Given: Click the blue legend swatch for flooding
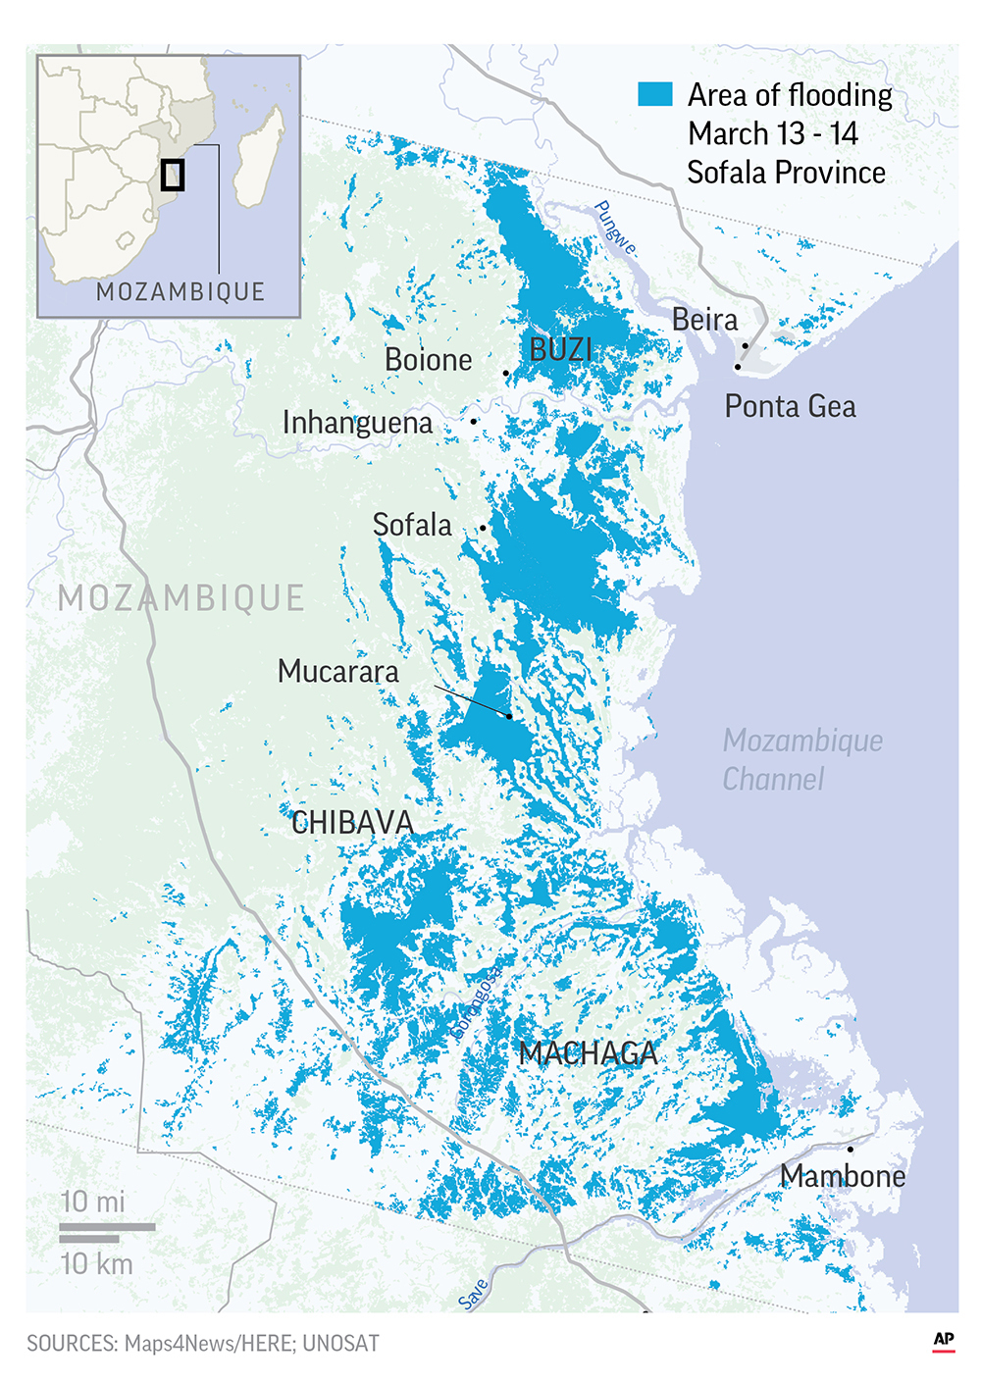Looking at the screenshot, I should [x=654, y=94].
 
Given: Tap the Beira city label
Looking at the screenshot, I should [x=704, y=320].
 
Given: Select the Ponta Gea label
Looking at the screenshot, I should [x=790, y=406].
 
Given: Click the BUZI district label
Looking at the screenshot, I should [x=560, y=349].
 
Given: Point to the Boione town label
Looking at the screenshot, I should [x=428, y=360].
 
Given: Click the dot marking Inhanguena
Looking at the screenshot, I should [x=474, y=421].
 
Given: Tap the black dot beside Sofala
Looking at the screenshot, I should [x=483, y=528].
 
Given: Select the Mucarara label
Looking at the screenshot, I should [x=338, y=672].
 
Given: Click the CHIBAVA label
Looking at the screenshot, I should [x=352, y=823].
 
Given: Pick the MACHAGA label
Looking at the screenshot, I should [x=588, y=1053].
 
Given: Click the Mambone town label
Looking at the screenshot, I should [x=842, y=1176].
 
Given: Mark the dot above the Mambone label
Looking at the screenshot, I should [x=850, y=1149].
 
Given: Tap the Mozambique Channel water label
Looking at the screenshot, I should [x=801, y=760].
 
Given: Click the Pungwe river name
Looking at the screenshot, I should [x=615, y=228].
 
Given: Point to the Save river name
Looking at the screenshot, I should [x=473, y=1294].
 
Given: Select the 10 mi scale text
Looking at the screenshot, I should [x=92, y=1202].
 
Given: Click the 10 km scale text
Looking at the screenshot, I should [x=96, y=1264].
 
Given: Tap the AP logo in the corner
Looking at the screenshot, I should [x=943, y=1341].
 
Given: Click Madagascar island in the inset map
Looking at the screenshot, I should [x=258, y=157].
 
